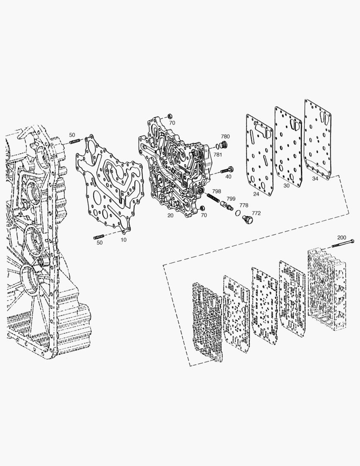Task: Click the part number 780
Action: (225, 136)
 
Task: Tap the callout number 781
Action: (218, 154)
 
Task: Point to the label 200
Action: (341, 237)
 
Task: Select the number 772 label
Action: (256, 213)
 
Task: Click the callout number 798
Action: (216, 192)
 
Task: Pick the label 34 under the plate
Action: (315, 179)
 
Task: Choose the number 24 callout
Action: (256, 194)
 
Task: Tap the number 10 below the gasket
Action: (124, 239)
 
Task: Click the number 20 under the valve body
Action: (170, 215)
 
